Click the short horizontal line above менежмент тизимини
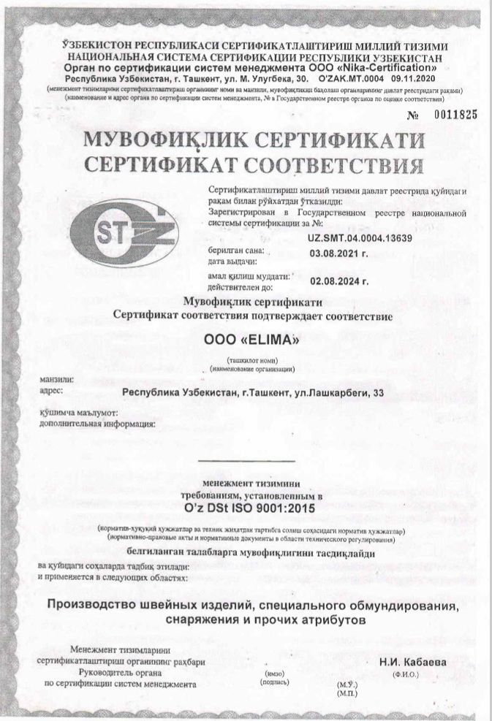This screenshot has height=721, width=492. tap(246, 461)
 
